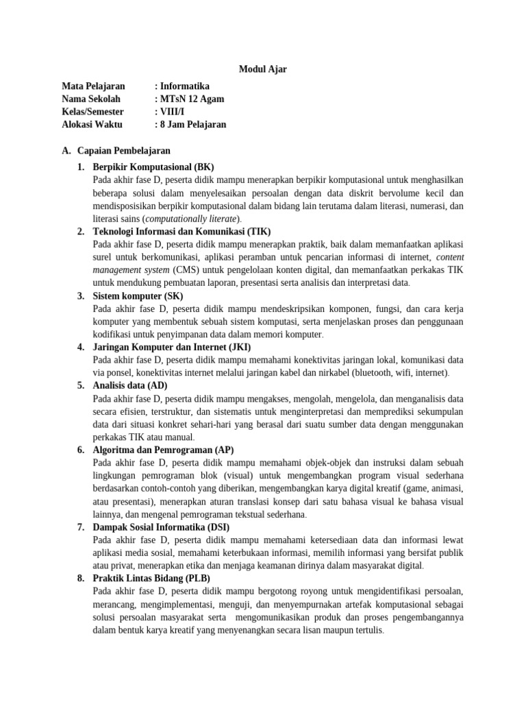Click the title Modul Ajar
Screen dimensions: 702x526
point(262,69)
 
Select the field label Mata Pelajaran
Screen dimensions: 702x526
point(93,86)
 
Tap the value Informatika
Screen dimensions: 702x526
point(184,86)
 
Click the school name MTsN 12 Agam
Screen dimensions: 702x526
point(191,99)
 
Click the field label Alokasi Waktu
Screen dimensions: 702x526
point(92,125)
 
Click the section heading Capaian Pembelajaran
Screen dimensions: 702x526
point(124,151)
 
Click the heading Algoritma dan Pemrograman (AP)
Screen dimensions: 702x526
point(163,450)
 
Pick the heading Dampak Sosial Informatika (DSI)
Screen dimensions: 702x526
point(161,527)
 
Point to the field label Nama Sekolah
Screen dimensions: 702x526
point(90,99)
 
